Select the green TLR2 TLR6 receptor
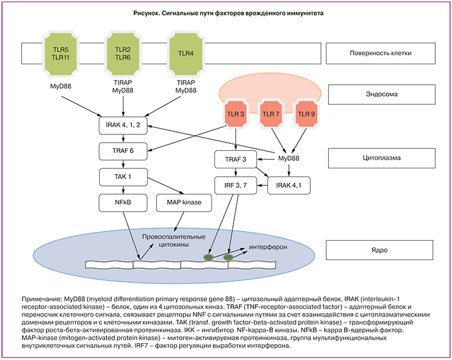point(122,53)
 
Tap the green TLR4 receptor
point(186,53)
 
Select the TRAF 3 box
point(235,160)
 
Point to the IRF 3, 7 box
point(235,185)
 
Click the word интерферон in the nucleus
point(268,247)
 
